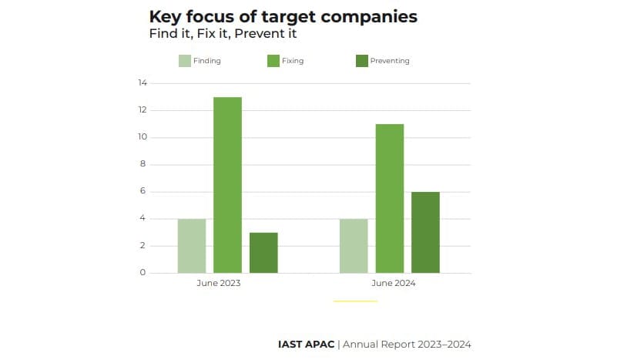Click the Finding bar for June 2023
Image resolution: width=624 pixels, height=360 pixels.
coord(192,246)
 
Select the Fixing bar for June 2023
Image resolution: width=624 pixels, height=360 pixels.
coord(227,185)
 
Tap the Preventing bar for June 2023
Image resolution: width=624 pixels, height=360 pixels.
coord(263,253)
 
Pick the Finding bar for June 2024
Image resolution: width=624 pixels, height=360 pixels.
coord(354,246)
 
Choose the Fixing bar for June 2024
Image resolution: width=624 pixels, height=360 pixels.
coord(389,198)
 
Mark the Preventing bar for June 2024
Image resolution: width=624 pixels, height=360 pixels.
coord(425,232)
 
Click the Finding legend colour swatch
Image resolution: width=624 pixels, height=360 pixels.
coord(185,61)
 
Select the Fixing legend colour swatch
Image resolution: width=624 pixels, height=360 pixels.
coord(273,61)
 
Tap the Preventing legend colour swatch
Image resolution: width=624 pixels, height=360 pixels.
coord(362,61)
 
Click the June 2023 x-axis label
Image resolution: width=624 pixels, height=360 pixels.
coord(219,284)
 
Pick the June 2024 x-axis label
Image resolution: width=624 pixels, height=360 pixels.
coord(394,284)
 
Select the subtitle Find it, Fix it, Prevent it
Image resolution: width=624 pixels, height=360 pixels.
coord(223,34)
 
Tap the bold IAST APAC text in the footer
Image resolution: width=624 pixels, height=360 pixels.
coord(306,344)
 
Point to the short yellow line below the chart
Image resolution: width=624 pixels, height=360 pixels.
coord(355,301)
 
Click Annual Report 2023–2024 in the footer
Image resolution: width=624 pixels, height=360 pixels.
coord(407,344)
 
